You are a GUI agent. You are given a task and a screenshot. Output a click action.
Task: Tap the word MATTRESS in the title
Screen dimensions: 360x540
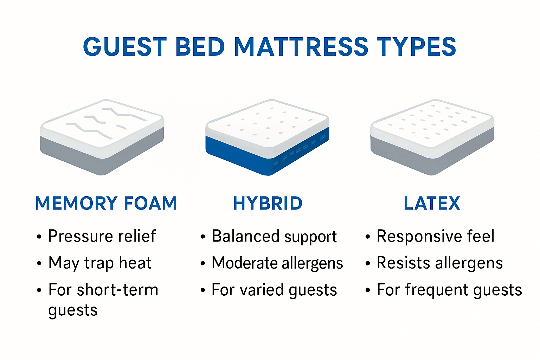(x=301, y=47)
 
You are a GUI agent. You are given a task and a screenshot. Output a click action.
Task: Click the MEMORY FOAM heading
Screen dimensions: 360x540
(x=106, y=203)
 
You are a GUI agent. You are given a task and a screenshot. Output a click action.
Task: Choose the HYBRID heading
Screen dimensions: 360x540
(x=268, y=203)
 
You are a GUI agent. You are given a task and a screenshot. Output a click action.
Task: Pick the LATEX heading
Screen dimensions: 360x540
(x=432, y=203)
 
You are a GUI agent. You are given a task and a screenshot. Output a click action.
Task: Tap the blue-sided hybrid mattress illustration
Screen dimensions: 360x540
(x=267, y=137)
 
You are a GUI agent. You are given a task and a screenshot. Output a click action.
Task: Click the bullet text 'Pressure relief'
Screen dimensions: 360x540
(x=102, y=236)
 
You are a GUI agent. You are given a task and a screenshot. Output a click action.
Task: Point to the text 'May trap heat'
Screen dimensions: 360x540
(x=100, y=263)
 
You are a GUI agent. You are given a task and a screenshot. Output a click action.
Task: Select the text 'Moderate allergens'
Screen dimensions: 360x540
(x=277, y=263)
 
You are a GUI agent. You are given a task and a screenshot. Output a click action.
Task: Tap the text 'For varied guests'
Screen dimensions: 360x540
(x=274, y=290)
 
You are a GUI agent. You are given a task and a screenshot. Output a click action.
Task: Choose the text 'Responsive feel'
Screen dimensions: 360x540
(x=435, y=236)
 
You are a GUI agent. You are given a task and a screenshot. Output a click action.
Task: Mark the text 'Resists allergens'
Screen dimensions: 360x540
(x=439, y=263)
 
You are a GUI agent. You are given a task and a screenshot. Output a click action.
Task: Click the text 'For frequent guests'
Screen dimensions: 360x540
(x=449, y=290)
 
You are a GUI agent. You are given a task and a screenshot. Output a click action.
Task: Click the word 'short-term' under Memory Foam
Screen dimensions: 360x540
(x=117, y=290)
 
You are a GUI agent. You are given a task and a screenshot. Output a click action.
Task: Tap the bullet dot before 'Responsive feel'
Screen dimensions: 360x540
(x=368, y=237)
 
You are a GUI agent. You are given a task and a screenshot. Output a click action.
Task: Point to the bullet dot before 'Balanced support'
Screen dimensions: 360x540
(x=203, y=237)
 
